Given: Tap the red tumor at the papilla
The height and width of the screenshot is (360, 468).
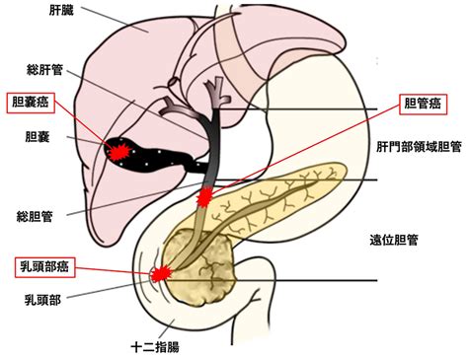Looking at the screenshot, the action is tap(159, 273).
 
